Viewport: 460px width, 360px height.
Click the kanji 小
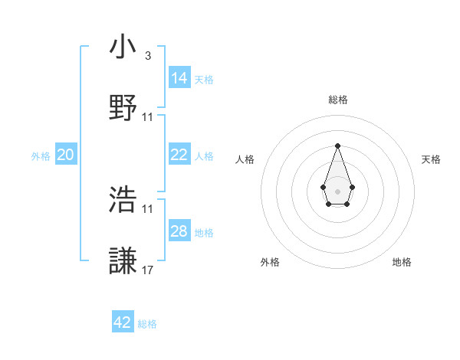click(x=123, y=47)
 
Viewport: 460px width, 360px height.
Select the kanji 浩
click(x=123, y=200)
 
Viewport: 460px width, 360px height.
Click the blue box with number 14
click(x=179, y=78)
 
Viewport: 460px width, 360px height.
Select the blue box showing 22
click(x=179, y=155)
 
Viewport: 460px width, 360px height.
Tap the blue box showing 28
click(x=179, y=231)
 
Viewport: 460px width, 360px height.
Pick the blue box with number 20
click(x=66, y=155)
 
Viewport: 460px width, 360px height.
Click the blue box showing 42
click(x=123, y=322)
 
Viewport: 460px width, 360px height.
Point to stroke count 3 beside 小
click(x=147, y=55)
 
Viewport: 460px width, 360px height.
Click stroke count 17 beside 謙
click(x=148, y=270)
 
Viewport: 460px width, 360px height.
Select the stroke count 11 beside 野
click(x=148, y=116)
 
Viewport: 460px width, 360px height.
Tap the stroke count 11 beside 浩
click(x=148, y=208)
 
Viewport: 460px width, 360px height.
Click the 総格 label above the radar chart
click(x=338, y=100)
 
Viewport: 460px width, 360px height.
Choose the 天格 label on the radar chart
click(x=432, y=159)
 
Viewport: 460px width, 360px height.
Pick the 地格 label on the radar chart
click(x=402, y=262)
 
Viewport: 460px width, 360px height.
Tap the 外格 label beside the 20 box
click(x=41, y=155)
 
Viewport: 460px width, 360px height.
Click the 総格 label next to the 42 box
click(x=147, y=323)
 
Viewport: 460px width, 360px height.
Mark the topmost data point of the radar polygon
click(x=337, y=146)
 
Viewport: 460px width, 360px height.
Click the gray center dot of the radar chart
click(x=337, y=190)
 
